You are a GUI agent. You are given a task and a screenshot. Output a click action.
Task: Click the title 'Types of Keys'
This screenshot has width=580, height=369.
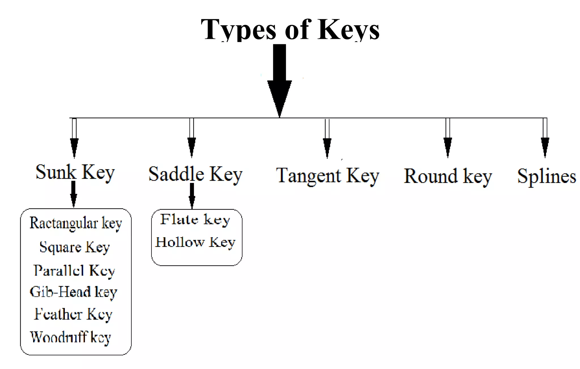point(290,29)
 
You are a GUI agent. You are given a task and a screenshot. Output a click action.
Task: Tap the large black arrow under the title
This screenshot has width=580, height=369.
point(280,82)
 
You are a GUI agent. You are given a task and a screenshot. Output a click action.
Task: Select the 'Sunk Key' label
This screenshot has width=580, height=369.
point(75,172)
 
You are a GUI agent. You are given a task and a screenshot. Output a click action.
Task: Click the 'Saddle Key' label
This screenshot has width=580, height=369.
point(195,174)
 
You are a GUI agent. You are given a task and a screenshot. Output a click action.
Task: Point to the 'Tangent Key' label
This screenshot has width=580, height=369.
point(328,176)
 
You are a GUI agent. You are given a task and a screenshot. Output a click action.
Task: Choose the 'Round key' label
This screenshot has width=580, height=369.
point(448,176)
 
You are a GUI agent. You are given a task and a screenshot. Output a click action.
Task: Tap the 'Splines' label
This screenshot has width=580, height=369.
point(547,176)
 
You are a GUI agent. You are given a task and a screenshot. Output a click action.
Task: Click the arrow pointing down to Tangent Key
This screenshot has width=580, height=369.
point(327,139)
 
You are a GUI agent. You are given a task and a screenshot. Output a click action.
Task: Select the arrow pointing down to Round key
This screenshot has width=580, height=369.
point(448,139)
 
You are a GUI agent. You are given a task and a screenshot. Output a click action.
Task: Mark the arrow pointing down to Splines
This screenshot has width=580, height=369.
point(545,139)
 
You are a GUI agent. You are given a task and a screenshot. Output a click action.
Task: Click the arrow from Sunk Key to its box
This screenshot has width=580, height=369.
point(74,195)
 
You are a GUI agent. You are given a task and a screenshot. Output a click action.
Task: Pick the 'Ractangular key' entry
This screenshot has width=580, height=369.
point(76,223)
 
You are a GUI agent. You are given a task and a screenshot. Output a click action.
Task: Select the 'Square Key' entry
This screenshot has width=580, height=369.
point(74,247)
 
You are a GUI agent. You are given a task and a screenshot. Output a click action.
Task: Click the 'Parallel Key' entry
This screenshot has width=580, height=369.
point(74,271)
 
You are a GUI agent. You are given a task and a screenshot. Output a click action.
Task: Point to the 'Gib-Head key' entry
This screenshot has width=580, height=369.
point(73,292)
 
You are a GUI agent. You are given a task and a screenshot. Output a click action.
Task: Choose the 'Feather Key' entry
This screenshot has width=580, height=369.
point(73,314)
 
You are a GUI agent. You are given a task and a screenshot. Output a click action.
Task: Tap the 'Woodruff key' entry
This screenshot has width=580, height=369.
point(71,337)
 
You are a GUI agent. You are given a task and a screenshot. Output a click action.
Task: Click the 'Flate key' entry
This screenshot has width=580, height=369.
point(195,220)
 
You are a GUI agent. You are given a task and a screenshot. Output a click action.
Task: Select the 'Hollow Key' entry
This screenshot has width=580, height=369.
point(195,243)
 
